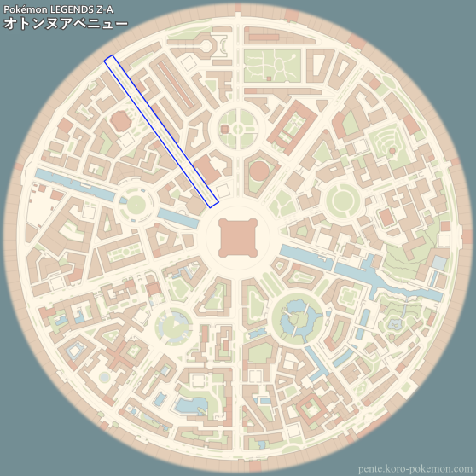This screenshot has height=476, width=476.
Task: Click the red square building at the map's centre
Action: pos(237,236)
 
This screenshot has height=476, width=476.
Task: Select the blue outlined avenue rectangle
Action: pos(161,131)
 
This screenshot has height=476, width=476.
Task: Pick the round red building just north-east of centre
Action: pos(258,171)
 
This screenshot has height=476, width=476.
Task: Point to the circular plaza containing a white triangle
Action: pos(175,325)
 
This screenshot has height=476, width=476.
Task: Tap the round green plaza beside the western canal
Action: pos(135,204)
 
